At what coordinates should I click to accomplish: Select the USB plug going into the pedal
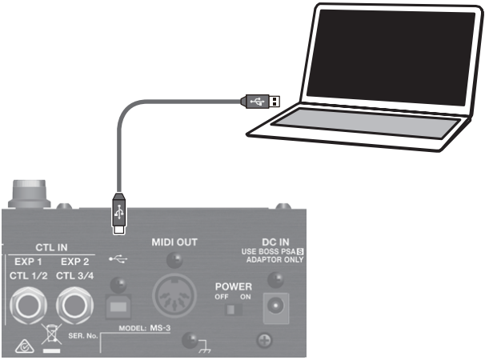[118, 214]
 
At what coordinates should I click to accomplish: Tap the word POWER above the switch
[233, 286]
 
